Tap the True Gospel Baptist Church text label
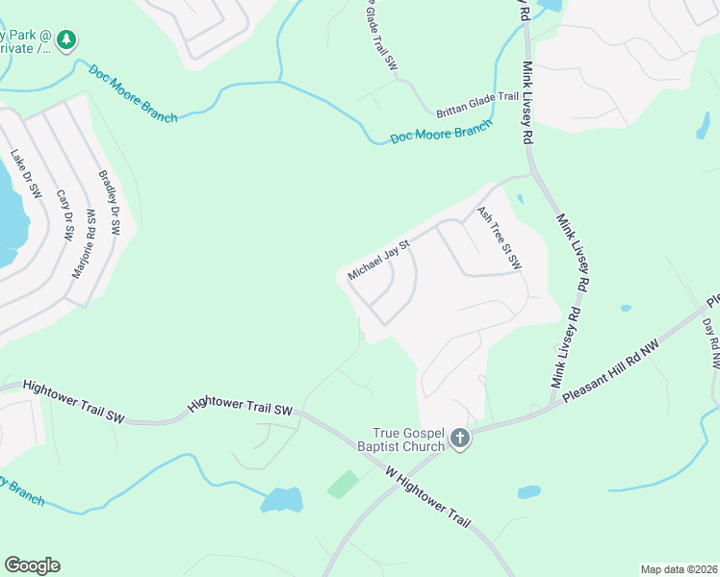410,439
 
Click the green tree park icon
65,39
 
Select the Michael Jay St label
379,260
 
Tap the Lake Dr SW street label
26,174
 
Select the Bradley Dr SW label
109,203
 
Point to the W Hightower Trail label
428,495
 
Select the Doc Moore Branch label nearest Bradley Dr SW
133,93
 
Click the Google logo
31,565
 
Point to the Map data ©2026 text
678,568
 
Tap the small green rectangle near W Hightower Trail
341,483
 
